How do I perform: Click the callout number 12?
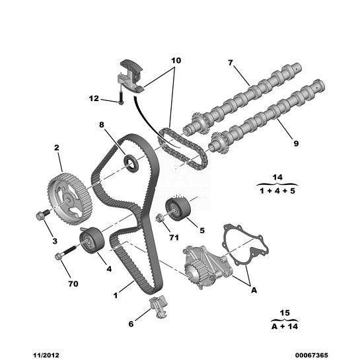[94, 98]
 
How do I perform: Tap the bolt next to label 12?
[121, 98]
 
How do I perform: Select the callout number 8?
[102, 125]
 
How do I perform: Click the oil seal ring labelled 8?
[131, 163]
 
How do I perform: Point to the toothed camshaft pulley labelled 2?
[69, 199]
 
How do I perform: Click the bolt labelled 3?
[43, 215]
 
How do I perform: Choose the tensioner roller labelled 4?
[92, 240]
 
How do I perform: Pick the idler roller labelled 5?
[178, 209]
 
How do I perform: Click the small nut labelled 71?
[159, 218]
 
